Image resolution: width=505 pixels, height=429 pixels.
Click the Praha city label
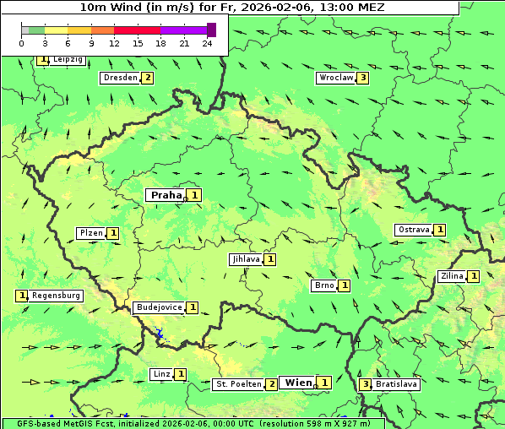click(x=166, y=195)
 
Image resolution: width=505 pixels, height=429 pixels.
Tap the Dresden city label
click(x=119, y=78)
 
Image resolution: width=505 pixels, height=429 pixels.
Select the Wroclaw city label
click(x=335, y=78)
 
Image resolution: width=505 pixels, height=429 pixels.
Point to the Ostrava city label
click(x=414, y=230)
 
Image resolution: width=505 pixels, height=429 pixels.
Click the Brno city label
click(x=324, y=285)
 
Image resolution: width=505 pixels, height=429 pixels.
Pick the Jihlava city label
click(x=245, y=259)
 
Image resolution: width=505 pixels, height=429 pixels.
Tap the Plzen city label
click(x=90, y=233)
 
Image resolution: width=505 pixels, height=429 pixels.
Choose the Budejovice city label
click(x=159, y=307)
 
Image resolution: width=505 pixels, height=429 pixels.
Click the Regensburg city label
click(x=57, y=296)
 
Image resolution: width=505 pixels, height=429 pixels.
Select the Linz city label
click(x=161, y=374)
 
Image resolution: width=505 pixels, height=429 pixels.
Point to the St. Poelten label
click(x=238, y=384)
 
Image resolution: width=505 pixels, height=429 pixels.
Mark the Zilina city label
click(x=452, y=276)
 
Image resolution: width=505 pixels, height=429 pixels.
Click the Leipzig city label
click(x=67, y=60)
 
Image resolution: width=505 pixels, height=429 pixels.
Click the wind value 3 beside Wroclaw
click(x=363, y=78)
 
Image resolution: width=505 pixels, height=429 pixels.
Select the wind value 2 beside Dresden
click(x=148, y=78)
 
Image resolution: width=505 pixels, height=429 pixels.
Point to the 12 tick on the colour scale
click(x=113, y=43)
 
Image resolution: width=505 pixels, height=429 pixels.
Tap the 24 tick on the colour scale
click(x=207, y=43)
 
